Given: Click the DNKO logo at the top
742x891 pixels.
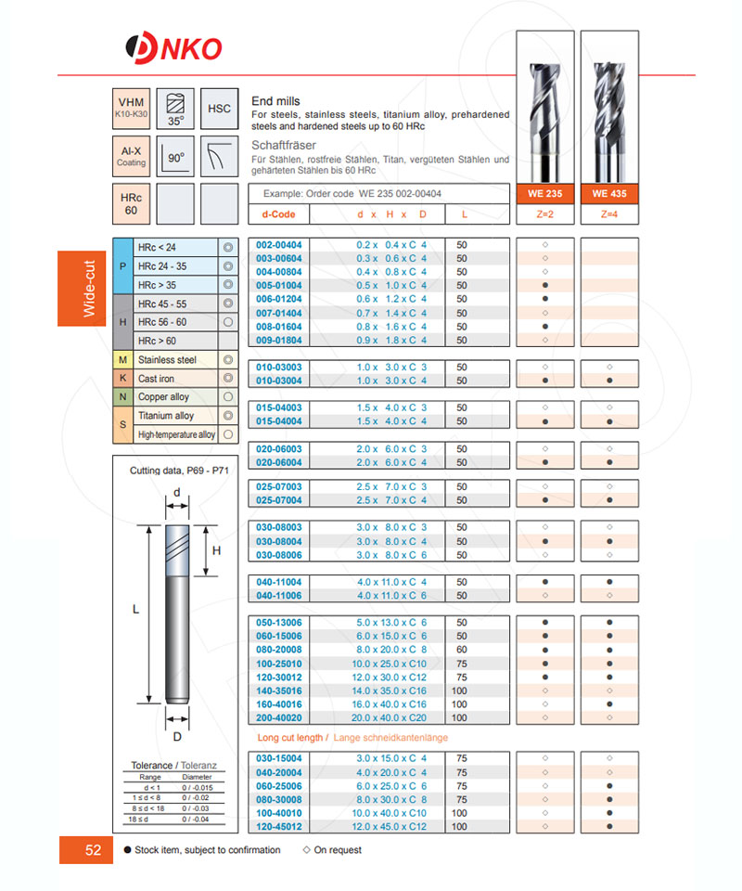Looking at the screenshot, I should (x=173, y=46).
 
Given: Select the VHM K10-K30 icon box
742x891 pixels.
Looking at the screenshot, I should (x=132, y=109).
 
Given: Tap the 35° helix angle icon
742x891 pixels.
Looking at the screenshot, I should (x=175, y=109).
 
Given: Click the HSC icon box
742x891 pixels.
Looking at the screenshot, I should (x=220, y=109).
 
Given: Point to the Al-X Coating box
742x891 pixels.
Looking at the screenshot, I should (x=132, y=154).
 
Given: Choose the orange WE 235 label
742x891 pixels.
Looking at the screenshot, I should (x=544, y=194).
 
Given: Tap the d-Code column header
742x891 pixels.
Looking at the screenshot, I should (x=278, y=214).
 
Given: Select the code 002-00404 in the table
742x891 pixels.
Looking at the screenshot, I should (x=279, y=245).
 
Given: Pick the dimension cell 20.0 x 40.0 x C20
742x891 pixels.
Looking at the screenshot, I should (x=391, y=717).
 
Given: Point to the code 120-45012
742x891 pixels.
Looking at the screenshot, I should (x=279, y=826).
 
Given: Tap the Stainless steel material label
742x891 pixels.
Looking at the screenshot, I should (x=167, y=359).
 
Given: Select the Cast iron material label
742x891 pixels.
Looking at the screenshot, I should (x=156, y=379).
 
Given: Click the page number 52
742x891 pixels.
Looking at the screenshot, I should (x=93, y=850).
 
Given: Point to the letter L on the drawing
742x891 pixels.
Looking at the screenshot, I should (x=135, y=609).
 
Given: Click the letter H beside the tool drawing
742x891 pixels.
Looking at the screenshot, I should (x=216, y=550).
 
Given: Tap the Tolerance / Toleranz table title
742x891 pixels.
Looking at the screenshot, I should (x=173, y=766).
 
